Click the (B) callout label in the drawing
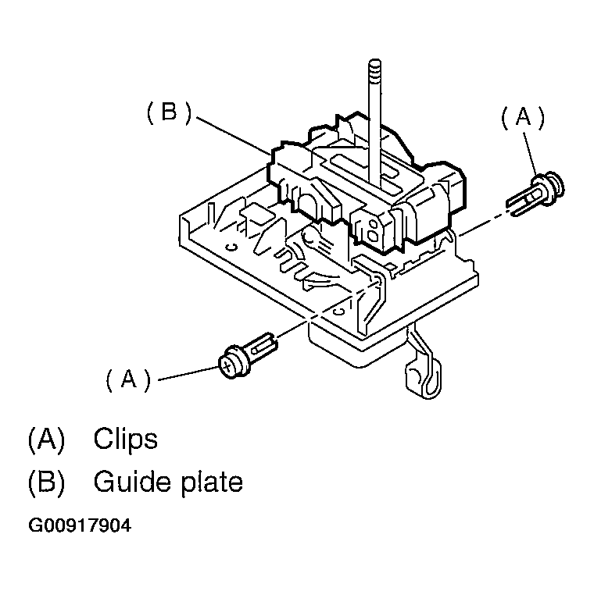169,113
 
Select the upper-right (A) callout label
522,118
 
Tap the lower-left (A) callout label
127,379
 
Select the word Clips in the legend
125,439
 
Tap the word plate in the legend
208,482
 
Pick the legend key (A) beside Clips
45,439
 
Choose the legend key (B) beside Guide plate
45,482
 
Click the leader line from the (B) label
234,133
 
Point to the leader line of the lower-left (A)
188,374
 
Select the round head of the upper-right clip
556,185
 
